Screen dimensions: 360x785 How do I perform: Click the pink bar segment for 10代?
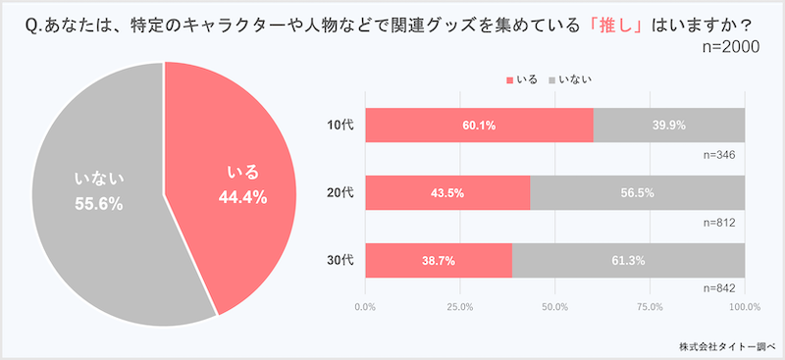pos(479,126)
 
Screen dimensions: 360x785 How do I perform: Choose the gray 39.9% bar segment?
pos(669,126)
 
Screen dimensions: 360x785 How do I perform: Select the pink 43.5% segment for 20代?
pos(447,193)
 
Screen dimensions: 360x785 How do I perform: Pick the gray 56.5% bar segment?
pos(638,193)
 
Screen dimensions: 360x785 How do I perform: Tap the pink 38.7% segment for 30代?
pos(438,260)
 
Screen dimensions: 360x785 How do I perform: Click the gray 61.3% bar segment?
pos(628,260)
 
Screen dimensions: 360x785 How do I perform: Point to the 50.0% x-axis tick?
pos(555,308)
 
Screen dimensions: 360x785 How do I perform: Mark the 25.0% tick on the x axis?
pos(460,308)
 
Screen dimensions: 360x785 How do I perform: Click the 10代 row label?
pos(340,126)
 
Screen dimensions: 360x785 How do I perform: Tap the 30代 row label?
pos(340,260)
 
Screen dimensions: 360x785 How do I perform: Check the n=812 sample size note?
pos(720,223)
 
